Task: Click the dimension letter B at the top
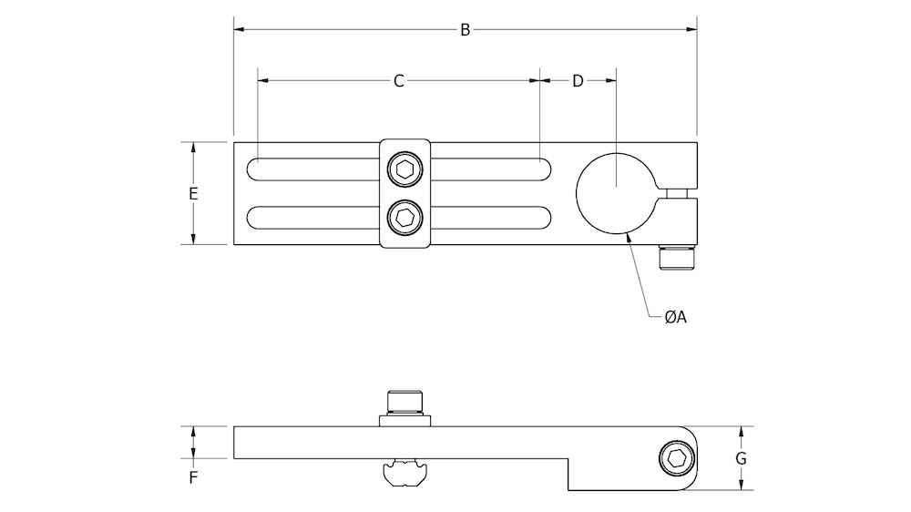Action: click(465, 30)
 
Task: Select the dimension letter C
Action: click(398, 81)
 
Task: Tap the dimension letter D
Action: click(578, 81)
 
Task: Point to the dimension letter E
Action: click(193, 193)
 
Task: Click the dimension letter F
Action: click(193, 476)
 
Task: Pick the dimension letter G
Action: click(741, 458)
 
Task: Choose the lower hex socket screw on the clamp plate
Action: click(404, 218)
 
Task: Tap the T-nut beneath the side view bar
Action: click(404, 473)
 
